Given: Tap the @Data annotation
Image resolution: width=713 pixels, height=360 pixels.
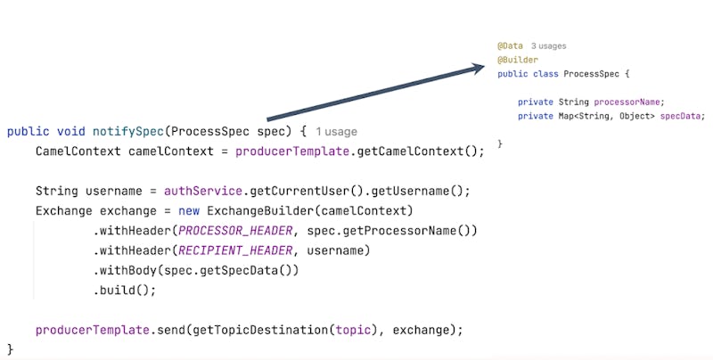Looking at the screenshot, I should tap(511, 45).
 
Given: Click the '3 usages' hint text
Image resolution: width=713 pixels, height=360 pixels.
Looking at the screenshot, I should tap(549, 45).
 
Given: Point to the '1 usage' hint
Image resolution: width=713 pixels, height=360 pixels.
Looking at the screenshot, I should tap(337, 131).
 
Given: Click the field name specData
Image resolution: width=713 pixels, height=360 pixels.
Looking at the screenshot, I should tap(682, 116).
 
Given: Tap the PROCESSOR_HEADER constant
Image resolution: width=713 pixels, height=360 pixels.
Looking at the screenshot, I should tap(235, 230).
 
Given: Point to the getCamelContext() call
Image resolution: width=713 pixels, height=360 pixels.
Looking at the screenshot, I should tap(420, 151).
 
